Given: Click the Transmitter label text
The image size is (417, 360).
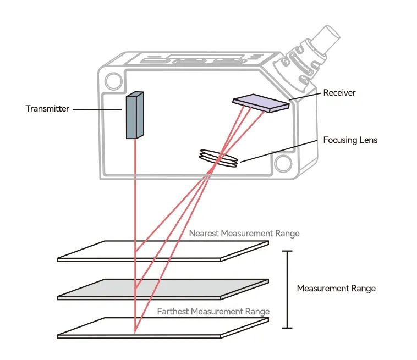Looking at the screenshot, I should click(47, 109).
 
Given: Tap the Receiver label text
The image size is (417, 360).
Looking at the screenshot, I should click(339, 92).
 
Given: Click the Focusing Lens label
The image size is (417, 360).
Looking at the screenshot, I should click(350, 140).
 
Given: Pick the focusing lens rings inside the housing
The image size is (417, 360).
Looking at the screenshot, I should click(219, 158).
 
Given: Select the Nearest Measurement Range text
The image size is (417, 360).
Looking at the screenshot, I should click(244, 233).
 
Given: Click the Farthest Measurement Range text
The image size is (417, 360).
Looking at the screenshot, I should click(213, 312).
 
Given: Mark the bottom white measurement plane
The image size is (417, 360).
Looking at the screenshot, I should click(165, 328).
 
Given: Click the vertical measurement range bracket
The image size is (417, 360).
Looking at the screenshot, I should click(287, 289).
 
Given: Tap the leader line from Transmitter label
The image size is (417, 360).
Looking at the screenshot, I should click(97, 109).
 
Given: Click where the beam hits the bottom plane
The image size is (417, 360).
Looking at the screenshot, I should click(135, 331).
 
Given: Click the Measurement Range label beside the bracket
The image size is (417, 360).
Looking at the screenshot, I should click(336, 289).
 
